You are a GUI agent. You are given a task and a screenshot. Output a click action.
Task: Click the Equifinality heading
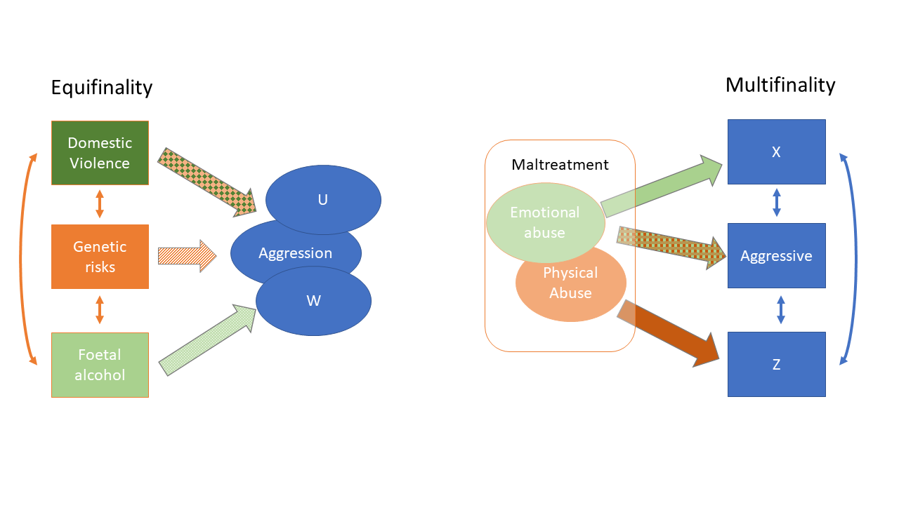click(101, 88)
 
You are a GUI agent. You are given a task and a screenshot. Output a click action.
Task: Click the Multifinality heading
click(780, 85)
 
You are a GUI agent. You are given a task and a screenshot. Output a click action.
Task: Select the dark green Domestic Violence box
click(100, 153)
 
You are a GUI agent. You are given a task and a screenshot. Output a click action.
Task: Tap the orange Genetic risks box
click(100, 257)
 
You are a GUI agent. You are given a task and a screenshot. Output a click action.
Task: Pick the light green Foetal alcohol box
click(100, 365)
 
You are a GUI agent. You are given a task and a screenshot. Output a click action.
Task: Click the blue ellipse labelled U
click(323, 199)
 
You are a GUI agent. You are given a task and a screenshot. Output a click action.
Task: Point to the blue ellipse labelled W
click(313, 302)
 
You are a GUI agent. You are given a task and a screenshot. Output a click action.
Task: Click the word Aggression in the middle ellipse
click(295, 253)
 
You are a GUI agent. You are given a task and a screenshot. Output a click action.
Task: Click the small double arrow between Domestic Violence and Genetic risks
click(100, 204)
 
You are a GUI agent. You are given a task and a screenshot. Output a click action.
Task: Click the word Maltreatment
click(560, 165)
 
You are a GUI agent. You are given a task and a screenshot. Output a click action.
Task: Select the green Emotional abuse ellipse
click(544, 222)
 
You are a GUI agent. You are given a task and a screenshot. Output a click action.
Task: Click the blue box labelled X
click(776, 152)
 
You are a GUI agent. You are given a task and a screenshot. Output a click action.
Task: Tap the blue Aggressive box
click(776, 256)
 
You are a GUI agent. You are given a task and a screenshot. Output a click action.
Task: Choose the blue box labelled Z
click(776, 365)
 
